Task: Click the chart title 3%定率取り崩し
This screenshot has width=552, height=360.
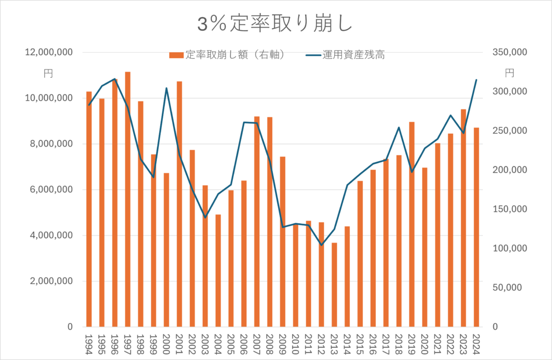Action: (275, 24)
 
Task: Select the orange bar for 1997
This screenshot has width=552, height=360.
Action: (128, 199)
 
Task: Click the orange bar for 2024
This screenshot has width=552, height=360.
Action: (477, 227)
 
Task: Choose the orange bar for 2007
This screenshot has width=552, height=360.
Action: (257, 221)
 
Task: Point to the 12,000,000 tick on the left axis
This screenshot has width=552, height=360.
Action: (49, 53)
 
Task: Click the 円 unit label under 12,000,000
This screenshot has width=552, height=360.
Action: (48, 73)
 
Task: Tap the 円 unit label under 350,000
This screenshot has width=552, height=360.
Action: (509, 73)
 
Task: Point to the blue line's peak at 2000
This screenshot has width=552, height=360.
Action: (167, 88)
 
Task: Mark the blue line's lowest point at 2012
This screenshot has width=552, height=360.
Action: (321, 245)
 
